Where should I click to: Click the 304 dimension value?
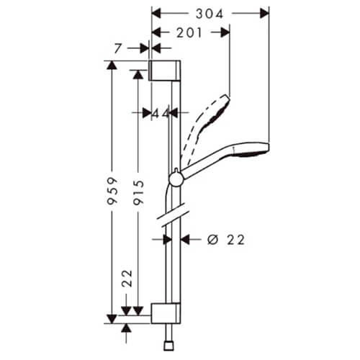coord(210,14)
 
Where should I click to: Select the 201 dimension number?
coord(189,32)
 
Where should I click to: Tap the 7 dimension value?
coord(118,49)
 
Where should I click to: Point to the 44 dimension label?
coord(161,114)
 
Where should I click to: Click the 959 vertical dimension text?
coord(112,191)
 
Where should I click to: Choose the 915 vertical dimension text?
coord(139,193)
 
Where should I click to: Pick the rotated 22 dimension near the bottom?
coord(127,278)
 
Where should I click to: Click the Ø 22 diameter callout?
coord(226,240)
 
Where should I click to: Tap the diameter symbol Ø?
coord(213,240)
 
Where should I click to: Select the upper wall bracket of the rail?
coord(165,71)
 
